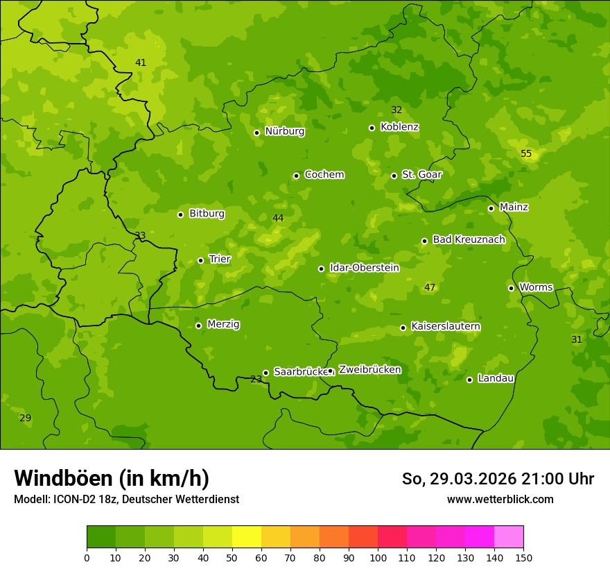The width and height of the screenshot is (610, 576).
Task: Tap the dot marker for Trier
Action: pyautogui.click(x=201, y=260)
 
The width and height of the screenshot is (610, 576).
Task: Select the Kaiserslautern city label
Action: pyautogui.click(x=446, y=326)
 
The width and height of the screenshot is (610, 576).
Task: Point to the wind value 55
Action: pyautogui.click(x=526, y=153)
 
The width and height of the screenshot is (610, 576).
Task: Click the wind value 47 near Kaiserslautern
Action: pyautogui.click(x=430, y=287)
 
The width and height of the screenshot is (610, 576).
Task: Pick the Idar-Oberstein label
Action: pyautogui.click(x=365, y=267)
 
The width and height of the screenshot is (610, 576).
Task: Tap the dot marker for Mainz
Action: pyautogui.click(x=491, y=208)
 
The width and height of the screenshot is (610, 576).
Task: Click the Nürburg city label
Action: pyautogui.click(x=284, y=130)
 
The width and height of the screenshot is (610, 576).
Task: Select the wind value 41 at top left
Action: pyautogui.click(x=141, y=62)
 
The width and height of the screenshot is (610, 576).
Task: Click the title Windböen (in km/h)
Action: pyautogui.click(x=112, y=478)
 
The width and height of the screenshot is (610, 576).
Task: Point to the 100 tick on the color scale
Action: pyautogui.click(x=378, y=557)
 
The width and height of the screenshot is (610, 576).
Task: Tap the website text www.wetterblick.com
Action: pyautogui.click(x=500, y=499)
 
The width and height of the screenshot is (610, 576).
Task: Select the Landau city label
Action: pyautogui.click(x=496, y=378)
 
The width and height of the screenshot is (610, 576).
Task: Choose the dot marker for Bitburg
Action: pyautogui.click(x=181, y=214)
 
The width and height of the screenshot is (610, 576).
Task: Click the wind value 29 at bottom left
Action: pyautogui.click(x=25, y=418)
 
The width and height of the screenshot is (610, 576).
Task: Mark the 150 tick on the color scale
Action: pyautogui.click(x=523, y=557)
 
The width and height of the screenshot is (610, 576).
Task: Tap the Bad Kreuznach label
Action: pyautogui.click(x=469, y=239)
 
